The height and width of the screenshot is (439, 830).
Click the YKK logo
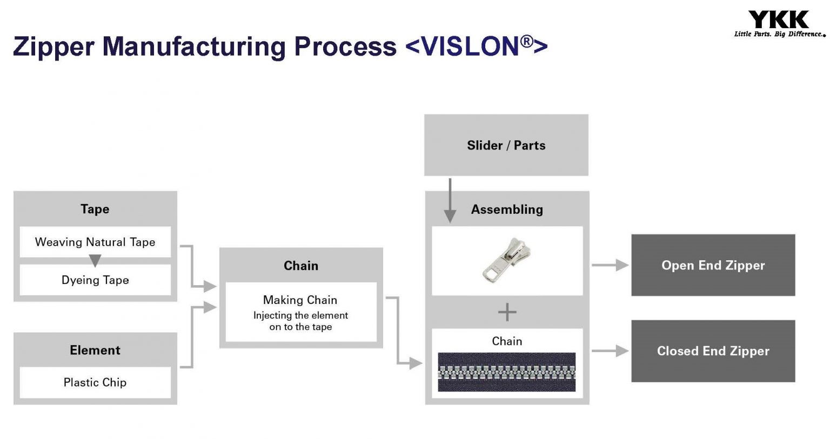[x=779, y=19]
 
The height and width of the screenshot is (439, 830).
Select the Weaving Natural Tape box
[x=95, y=242]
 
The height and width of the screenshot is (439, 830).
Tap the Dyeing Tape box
[x=95, y=280]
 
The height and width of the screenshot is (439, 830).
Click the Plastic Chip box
[x=95, y=382]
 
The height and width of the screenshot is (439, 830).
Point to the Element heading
[x=95, y=350]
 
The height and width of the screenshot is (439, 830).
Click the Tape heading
[x=95, y=209]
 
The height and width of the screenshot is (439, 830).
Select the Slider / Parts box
[x=506, y=145]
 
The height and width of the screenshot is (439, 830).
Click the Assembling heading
[x=507, y=210]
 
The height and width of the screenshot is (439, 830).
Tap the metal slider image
[x=507, y=260]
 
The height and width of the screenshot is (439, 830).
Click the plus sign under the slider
[x=507, y=312]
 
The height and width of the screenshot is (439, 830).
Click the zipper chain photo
[x=507, y=372]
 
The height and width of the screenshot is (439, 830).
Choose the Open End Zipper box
[x=713, y=265]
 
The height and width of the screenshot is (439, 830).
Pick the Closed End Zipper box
[x=713, y=351]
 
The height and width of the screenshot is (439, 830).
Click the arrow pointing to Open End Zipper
[x=611, y=265]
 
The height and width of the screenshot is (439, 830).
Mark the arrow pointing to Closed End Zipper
[x=611, y=351]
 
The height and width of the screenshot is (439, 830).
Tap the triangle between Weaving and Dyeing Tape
[x=95, y=261]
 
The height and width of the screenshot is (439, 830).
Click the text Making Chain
[x=300, y=300]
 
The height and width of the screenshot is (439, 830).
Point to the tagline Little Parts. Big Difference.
[x=779, y=34]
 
